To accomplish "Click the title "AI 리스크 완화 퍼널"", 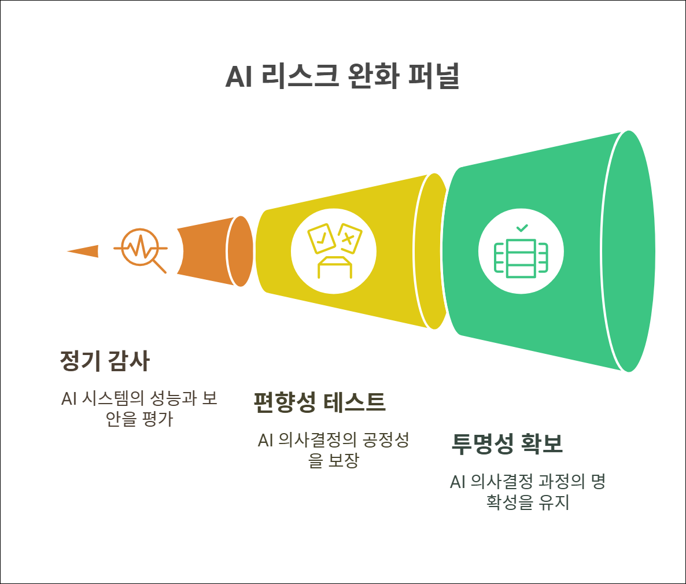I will [x=342, y=76].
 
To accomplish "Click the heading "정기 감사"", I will [x=105, y=361].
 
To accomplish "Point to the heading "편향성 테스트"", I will [x=319, y=402].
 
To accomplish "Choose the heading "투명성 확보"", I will [x=507, y=443].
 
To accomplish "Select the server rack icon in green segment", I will [x=521, y=257].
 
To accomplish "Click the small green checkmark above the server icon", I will [x=522, y=228].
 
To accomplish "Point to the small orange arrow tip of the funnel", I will [x=84, y=252].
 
